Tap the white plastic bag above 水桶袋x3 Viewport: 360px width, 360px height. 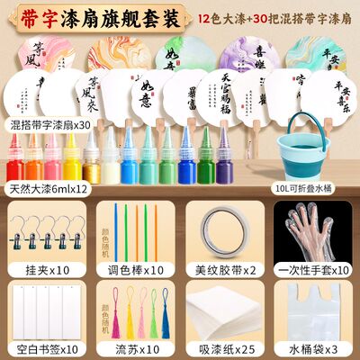pyautogui.click(x=311, y=311)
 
